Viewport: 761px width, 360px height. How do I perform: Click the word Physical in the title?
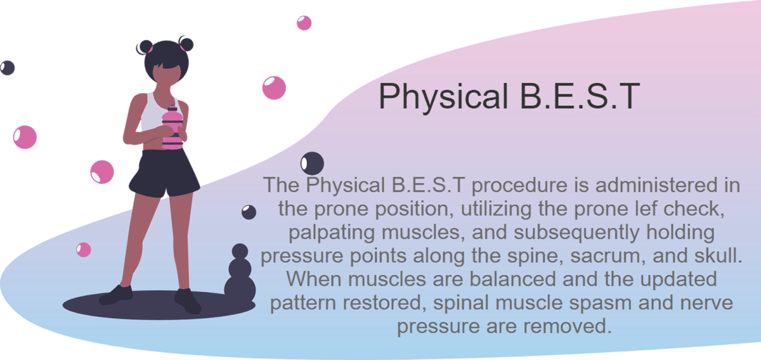click(x=443, y=97)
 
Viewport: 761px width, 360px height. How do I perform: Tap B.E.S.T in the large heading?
click(x=580, y=96)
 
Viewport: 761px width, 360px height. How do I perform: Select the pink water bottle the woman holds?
click(x=172, y=127)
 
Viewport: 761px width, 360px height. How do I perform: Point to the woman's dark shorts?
click(x=164, y=173)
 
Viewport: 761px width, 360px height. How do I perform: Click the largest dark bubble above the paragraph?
click(x=312, y=164)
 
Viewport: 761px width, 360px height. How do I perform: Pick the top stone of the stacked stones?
click(x=240, y=252)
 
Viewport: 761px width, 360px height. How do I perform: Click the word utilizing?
click(x=497, y=209)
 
